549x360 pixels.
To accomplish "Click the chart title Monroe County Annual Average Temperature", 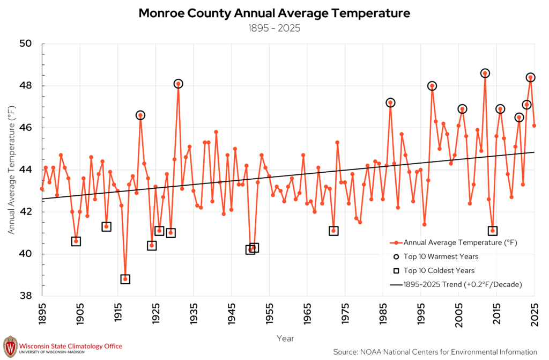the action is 274,13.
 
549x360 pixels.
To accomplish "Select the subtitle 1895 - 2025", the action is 274,28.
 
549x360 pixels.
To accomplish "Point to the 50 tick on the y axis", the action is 25,43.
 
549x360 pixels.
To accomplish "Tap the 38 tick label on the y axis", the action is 25,296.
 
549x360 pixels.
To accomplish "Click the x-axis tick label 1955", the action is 269,313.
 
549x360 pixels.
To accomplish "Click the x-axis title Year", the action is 285,338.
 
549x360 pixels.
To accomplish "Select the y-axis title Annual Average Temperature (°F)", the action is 12,170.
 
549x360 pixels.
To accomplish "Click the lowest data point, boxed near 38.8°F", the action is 125,279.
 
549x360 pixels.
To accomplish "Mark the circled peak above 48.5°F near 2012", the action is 485,74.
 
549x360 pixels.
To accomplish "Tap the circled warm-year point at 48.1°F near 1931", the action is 178,84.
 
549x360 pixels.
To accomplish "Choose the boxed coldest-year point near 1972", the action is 333,231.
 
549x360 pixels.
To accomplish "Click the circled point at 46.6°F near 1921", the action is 140,115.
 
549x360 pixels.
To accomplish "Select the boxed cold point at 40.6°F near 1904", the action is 76,241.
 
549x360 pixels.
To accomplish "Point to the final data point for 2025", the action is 535,126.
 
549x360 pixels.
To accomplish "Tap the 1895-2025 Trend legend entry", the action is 456,284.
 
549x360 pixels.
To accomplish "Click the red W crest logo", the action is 10,347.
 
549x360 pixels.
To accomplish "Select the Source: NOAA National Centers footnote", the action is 435,351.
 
